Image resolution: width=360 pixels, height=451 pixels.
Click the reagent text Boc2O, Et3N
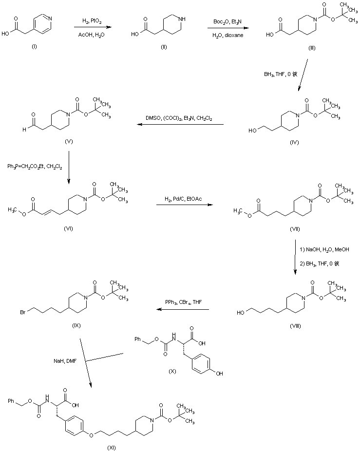pos(225,21)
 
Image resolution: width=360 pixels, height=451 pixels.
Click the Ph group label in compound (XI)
pos(12,401)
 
